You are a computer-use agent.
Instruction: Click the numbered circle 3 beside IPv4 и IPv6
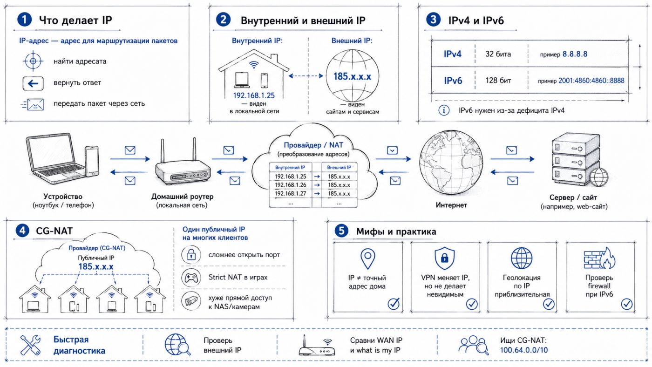click(433, 20)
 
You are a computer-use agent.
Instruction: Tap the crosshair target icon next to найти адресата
click(33, 61)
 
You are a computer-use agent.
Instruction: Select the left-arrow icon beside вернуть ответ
click(33, 83)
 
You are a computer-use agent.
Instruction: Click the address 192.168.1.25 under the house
click(253, 95)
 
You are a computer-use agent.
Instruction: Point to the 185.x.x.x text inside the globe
click(352, 76)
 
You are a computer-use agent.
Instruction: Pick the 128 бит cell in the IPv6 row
click(498, 80)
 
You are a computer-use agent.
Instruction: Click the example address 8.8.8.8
click(575, 54)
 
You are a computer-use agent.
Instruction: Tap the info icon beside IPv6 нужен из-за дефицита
click(444, 110)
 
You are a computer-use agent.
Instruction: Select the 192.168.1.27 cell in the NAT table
click(290, 194)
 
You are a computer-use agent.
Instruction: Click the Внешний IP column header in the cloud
click(339, 167)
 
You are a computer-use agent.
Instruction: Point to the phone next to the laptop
click(92, 161)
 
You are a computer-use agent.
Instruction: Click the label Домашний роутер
click(182, 197)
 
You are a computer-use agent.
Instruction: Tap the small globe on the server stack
click(599, 177)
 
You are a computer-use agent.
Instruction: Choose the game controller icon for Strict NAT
click(190, 278)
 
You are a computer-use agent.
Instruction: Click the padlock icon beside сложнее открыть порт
click(191, 255)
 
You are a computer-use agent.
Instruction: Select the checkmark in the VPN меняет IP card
click(472, 304)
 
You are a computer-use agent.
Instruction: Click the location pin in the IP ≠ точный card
click(367, 258)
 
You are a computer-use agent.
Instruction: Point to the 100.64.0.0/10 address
click(523, 350)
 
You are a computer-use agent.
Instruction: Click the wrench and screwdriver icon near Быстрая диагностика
click(30, 345)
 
